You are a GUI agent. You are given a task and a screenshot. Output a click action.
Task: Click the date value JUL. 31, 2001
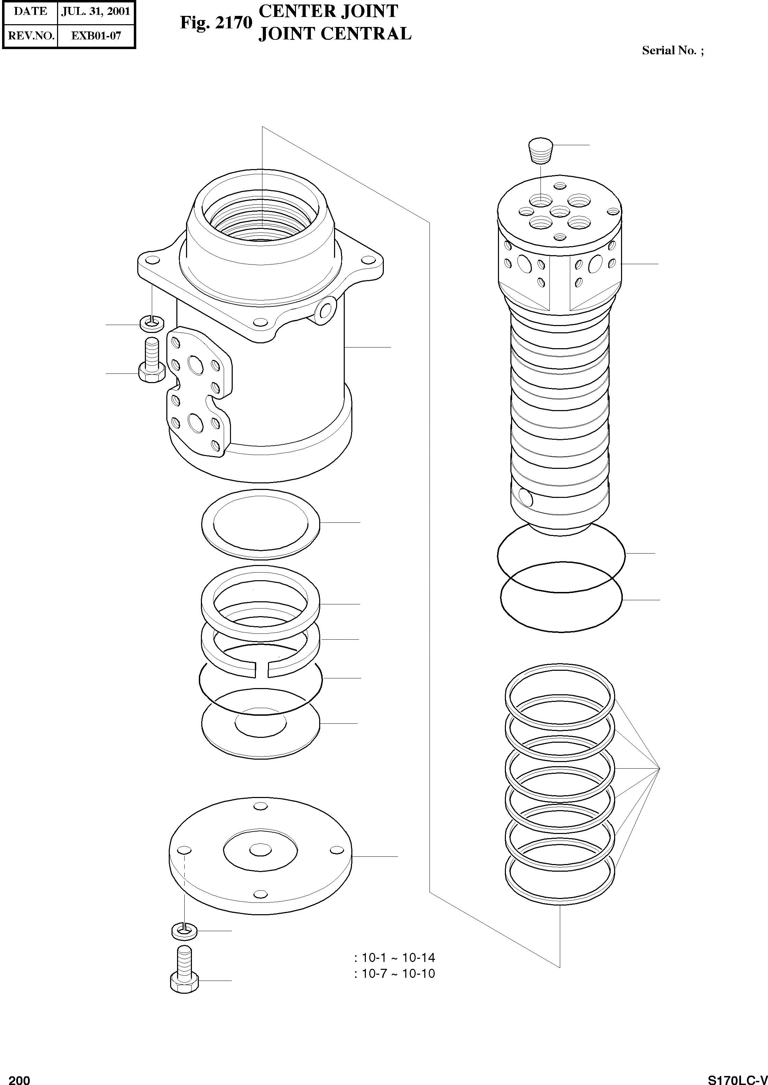coord(96,11)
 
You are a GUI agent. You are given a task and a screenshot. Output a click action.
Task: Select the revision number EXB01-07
coord(96,36)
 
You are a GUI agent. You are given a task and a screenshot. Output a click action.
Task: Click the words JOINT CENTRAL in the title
coord(335,34)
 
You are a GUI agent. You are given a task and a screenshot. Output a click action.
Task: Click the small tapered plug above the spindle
coord(540,151)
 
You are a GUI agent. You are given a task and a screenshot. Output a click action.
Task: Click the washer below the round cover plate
coord(184,931)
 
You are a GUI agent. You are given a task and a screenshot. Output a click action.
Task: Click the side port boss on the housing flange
coord(325,310)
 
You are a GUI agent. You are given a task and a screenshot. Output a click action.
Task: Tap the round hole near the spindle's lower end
coord(525,497)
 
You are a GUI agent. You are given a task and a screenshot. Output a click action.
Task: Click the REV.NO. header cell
coord(31,36)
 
